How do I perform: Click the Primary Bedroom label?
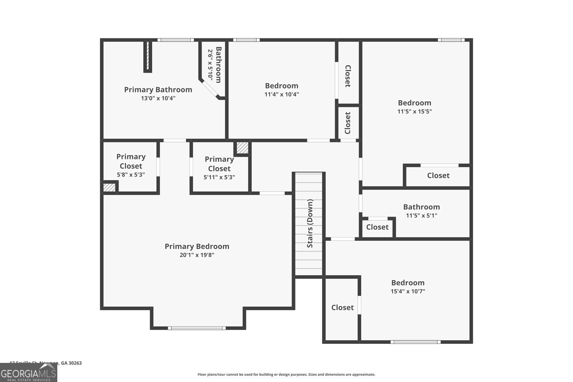coord(197,246)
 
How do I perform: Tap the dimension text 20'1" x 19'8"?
coord(197,255)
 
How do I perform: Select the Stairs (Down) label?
coord(310,223)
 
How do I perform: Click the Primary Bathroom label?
coord(158,90)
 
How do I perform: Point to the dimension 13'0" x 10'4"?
coord(158,98)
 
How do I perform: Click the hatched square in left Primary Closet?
coord(110,187)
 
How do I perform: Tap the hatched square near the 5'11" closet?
coord(242,148)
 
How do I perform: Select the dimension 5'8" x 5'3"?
coord(131,175)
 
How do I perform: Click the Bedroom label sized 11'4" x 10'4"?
coord(281,86)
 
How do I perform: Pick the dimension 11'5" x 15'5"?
coord(414,111)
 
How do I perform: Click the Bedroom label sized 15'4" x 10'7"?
coord(408,282)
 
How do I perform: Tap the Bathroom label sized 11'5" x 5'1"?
coord(421,207)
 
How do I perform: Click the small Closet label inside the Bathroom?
coord(377,227)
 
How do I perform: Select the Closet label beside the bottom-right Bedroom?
coord(342,308)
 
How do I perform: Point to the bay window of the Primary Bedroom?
coord(197,328)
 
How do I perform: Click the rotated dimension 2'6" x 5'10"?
coord(210,64)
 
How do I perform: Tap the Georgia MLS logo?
coord(28,373)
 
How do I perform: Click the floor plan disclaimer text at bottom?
coord(286,374)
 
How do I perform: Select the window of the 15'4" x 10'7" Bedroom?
coord(415,342)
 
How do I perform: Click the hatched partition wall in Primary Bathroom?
coord(148,57)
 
